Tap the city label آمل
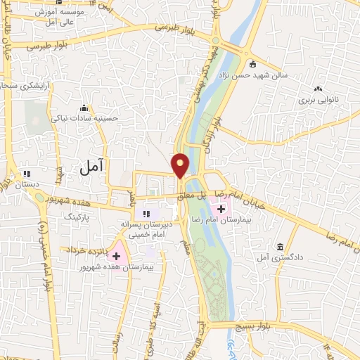(91, 167)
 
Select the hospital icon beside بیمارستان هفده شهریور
(116, 257)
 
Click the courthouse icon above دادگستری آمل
(281, 247)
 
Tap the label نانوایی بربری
(318, 101)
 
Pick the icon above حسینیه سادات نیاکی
(84, 108)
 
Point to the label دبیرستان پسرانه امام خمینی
(146, 229)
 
